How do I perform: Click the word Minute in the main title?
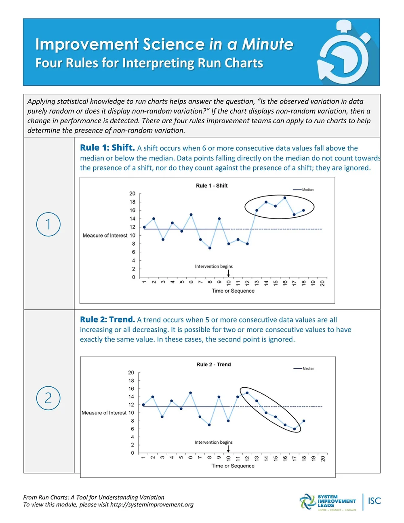pyautogui.click(x=267, y=44)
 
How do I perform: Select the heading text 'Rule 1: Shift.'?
pyautogui.click(x=107, y=148)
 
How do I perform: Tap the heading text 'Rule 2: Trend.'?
pyautogui.click(x=107, y=320)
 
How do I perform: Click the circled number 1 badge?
pyautogui.click(x=48, y=224)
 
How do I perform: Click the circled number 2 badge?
pyautogui.click(x=48, y=398)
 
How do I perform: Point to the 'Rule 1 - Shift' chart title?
pyautogui.click(x=212, y=186)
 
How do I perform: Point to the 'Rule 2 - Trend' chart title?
pyautogui.click(x=213, y=365)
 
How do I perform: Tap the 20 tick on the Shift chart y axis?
pyautogui.click(x=132, y=194)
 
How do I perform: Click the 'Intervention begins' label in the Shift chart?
pyautogui.click(x=214, y=266)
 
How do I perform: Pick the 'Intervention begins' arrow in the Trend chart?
pyautogui.click(x=228, y=449)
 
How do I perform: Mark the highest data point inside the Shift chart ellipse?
pyautogui.click(x=285, y=198)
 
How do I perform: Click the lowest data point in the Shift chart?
pyautogui.click(x=210, y=248)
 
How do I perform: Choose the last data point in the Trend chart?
pyautogui.click(x=304, y=421)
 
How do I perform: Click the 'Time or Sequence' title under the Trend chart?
pyautogui.click(x=233, y=466)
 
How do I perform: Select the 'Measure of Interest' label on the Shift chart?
pyautogui.click(x=105, y=236)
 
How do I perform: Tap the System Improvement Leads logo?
pyautogui.click(x=328, y=502)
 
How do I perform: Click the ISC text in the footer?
pyautogui.click(x=375, y=501)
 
